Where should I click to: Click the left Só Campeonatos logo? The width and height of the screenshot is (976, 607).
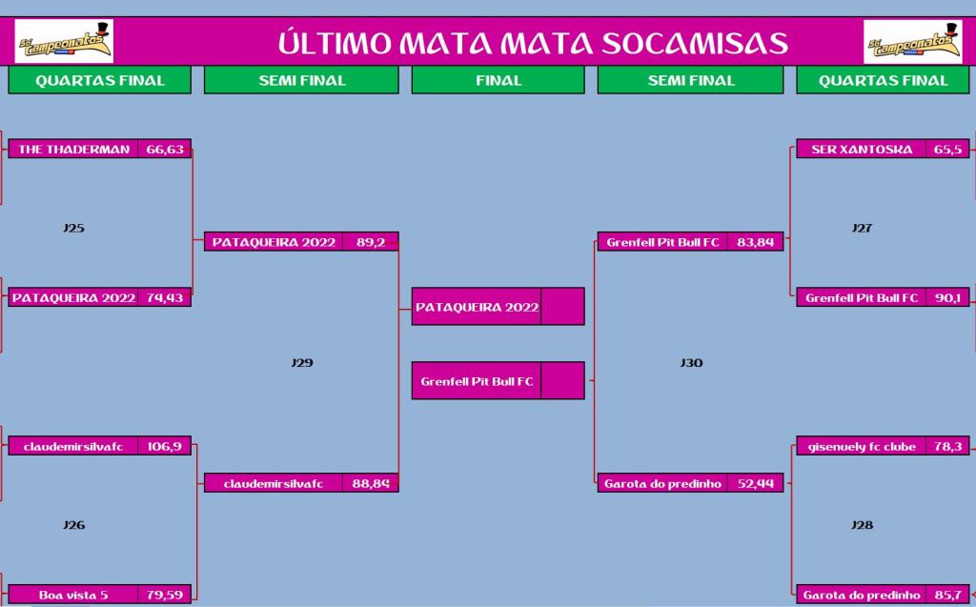tap(64, 41)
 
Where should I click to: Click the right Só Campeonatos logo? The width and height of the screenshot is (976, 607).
tap(912, 41)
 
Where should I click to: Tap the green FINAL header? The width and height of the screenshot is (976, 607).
tap(498, 80)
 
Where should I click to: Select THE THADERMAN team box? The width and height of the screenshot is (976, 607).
tap(73, 149)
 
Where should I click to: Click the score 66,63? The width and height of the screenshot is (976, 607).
tap(165, 149)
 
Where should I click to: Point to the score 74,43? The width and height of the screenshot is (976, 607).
tap(165, 297)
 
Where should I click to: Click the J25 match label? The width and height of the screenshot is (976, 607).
tap(73, 228)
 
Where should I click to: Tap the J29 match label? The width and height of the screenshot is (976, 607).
tap(302, 362)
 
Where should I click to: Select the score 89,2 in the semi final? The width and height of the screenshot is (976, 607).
tap(371, 242)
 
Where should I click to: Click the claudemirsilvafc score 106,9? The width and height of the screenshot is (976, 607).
tap(164, 446)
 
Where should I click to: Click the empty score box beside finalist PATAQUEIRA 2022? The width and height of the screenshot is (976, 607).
tap(562, 306)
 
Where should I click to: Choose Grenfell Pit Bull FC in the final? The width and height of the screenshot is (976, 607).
tap(477, 381)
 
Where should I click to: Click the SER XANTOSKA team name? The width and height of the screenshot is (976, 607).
tap(862, 149)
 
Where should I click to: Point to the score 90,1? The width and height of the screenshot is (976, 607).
tap(947, 297)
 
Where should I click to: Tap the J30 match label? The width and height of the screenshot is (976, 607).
tap(691, 362)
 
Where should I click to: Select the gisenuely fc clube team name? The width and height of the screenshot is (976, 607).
tap(862, 446)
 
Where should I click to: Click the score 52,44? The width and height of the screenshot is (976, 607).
tap(756, 483)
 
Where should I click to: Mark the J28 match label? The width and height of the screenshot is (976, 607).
tap(862, 525)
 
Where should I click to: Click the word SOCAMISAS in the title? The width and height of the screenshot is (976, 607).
tap(695, 42)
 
